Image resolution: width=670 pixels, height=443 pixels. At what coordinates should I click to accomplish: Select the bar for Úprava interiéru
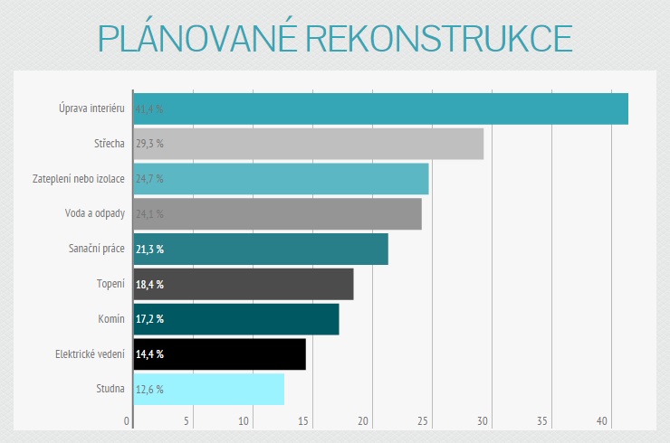pyautogui.click(x=380, y=108)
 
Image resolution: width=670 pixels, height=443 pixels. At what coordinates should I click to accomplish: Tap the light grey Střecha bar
pyautogui.click(x=308, y=144)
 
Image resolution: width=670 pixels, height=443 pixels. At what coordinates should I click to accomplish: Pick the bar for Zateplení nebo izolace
pyautogui.click(x=281, y=179)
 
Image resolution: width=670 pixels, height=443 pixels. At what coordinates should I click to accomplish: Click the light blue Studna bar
pyautogui.click(x=208, y=390)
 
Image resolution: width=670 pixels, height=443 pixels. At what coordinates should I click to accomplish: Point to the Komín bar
pyautogui.click(x=236, y=319)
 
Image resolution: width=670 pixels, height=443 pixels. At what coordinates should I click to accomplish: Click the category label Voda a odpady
pyautogui.click(x=94, y=214)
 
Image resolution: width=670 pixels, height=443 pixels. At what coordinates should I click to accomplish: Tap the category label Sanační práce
pyautogui.click(x=97, y=249)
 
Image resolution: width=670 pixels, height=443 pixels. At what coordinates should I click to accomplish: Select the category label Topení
pyautogui.click(x=110, y=284)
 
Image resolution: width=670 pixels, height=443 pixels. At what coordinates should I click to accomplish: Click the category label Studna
pyautogui.click(x=110, y=390)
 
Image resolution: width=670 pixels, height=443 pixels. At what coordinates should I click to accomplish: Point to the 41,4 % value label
pyautogui.click(x=149, y=109)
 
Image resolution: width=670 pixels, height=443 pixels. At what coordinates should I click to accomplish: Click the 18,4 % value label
pyautogui.click(x=149, y=284)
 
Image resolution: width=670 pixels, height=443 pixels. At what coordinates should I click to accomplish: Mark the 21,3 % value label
pyautogui.click(x=149, y=249)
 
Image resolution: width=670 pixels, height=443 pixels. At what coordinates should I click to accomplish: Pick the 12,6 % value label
pyautogui.click(x=149, y=390)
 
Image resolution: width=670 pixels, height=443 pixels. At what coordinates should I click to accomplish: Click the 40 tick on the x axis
pyautogui.click(x=602, y=420)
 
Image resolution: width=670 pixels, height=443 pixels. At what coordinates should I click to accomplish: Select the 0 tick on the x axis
pyautogui.click(x=127, y=420)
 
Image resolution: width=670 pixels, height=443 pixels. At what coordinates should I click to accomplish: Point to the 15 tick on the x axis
pyautogui.click(x=304, y=420)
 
